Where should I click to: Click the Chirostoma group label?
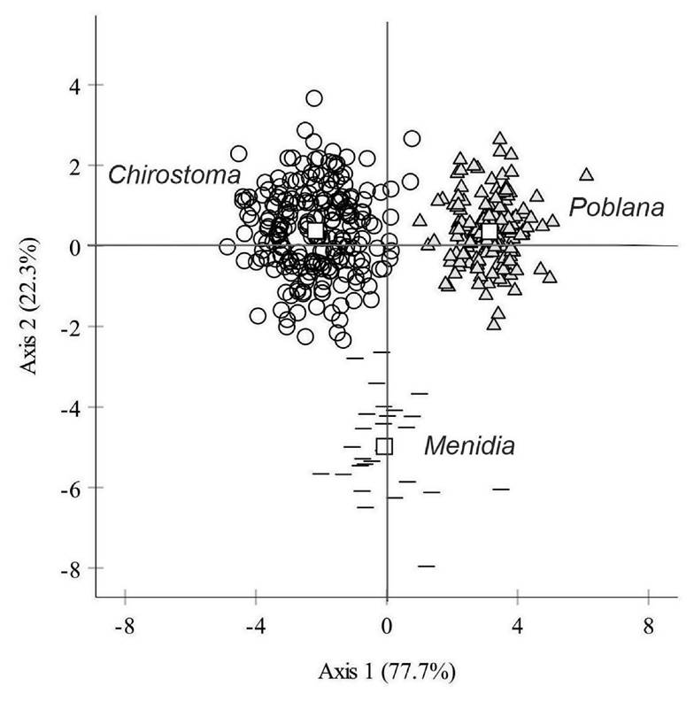point(174,175)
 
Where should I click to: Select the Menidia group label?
point(468,446)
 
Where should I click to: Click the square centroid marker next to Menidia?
point(384,446)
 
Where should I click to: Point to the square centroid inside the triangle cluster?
point(490,231)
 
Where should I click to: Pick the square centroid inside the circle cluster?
point(316,231)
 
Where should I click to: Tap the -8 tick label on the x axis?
point(125,626)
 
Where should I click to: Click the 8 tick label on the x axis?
point(648,626)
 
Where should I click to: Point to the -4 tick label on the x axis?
point(256,626)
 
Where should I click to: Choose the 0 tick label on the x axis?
point(387,626)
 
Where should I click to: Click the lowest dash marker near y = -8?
point(427,566)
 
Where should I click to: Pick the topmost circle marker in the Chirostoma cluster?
point(314,98)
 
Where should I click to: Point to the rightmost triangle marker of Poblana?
point(585,175)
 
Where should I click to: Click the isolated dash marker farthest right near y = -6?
point(501,489)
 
